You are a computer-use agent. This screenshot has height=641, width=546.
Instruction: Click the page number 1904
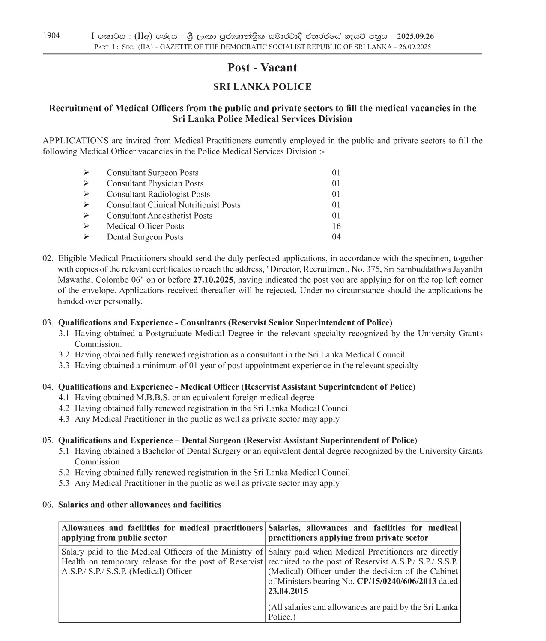point(51,35)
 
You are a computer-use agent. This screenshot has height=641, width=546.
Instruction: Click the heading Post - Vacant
point(262,68)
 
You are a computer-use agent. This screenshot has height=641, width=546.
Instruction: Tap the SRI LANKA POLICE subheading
point(262,87)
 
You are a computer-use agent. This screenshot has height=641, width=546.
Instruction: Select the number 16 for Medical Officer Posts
point(336,226)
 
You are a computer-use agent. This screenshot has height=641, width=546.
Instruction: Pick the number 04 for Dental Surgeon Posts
point(336,237)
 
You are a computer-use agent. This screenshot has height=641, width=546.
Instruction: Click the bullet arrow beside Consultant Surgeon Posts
point(86,173)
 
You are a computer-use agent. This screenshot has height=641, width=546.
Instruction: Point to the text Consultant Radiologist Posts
point(158,194)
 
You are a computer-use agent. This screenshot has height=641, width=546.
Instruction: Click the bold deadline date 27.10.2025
point(213,280)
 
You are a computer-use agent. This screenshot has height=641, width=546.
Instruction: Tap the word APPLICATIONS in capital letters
point(75,141)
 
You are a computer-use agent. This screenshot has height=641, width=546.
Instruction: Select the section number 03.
point(48,322)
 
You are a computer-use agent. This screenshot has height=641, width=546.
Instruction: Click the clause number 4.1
point(64,397)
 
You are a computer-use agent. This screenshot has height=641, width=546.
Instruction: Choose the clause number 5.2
point(64,472)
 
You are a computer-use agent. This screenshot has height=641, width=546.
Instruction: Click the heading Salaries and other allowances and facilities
point(140,505)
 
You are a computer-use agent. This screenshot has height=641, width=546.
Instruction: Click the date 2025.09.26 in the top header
point(415,37)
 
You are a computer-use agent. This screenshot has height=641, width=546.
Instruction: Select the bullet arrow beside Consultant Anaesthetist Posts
point(86,216)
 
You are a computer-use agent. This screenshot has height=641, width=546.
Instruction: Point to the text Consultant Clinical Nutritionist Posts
point(173,205)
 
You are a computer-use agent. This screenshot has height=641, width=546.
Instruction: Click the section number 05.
point(48,440)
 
